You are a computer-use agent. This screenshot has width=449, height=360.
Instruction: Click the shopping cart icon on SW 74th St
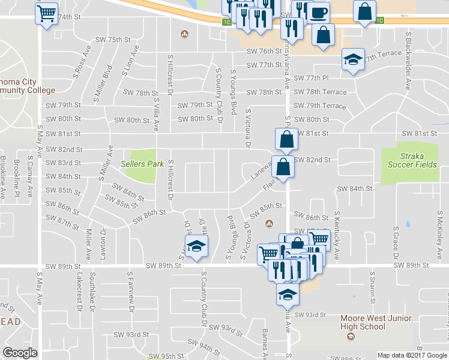[47, 12]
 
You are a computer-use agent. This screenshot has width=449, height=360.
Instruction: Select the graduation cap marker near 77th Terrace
[353, 59]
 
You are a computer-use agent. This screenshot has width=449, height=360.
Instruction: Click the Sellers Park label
[142, 164]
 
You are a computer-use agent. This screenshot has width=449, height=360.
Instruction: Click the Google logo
[20, 352]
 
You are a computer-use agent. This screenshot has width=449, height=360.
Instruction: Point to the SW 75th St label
[113, 40]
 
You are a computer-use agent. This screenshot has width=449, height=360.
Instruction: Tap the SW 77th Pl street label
[309, 79]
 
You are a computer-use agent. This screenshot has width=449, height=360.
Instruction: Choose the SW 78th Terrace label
[319, 92]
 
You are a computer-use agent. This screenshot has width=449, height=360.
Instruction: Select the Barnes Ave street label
[264, 342]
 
